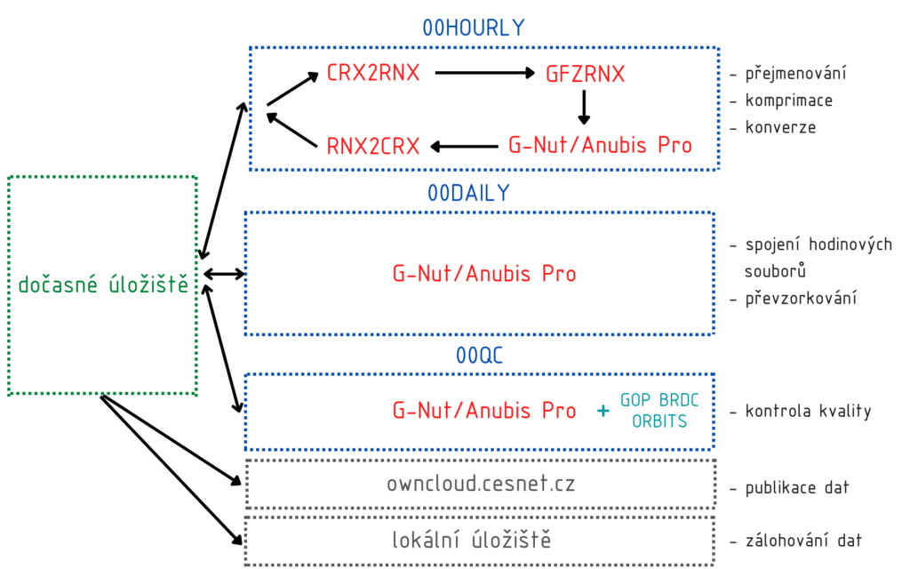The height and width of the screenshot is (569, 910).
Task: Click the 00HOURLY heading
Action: click(474, 28)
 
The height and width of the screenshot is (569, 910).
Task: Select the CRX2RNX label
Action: click(373, 73)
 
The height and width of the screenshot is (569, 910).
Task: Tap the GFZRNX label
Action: click(585, 74)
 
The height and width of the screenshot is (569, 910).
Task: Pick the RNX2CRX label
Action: click(373, 145)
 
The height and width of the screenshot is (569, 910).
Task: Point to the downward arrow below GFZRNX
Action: click(584, 107)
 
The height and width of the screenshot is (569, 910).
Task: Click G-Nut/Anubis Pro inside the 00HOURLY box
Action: click(600, 145)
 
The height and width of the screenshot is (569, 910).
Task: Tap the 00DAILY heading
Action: click(469, 193)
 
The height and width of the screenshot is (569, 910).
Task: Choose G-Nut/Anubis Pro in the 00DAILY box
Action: click(484, 274)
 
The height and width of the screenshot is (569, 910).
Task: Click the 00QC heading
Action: click(480, 356)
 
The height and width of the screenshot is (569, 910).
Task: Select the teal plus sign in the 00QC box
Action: click(603, 411)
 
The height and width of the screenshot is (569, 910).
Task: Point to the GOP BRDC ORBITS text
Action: click(659, 411)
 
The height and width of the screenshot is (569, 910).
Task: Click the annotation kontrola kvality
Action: click(808, 411)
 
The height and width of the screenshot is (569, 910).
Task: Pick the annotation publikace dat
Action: click(797, 487)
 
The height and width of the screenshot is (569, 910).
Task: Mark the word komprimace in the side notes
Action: click(788, 100)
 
